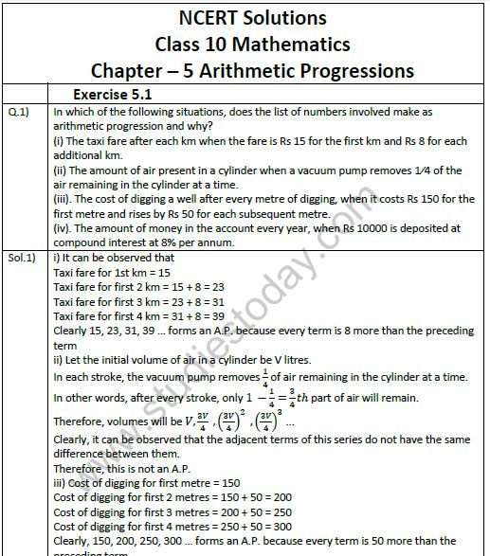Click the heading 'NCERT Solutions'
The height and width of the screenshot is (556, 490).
click(252, 18)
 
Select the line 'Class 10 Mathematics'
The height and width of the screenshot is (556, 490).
click(252, 45)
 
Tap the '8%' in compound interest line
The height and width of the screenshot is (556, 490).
click(172, 242)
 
